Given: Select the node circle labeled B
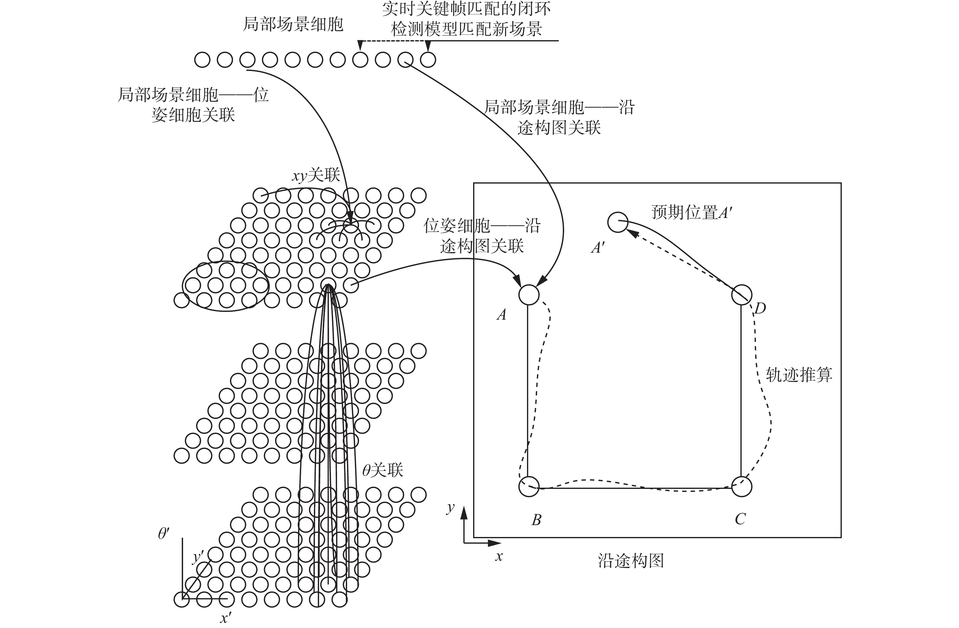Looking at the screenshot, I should coord(529,487).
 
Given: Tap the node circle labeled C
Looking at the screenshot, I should coord(741,487).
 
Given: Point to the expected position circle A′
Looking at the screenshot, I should coord(617,222).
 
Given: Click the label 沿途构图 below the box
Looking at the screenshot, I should coord(631,560).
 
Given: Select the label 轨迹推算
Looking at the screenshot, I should coord(799,375).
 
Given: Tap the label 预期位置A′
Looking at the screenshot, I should coord(691,212).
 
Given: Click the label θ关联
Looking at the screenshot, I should coord(382,470).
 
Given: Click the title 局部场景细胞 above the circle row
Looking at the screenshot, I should coord(293,24).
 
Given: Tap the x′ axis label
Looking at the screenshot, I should coord(225,618).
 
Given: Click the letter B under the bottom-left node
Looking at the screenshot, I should coord(536,520).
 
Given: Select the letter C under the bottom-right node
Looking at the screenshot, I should coord(740,519).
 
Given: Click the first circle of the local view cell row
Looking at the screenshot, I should coord(202,60).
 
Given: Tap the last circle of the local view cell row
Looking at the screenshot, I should coord(428,60).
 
